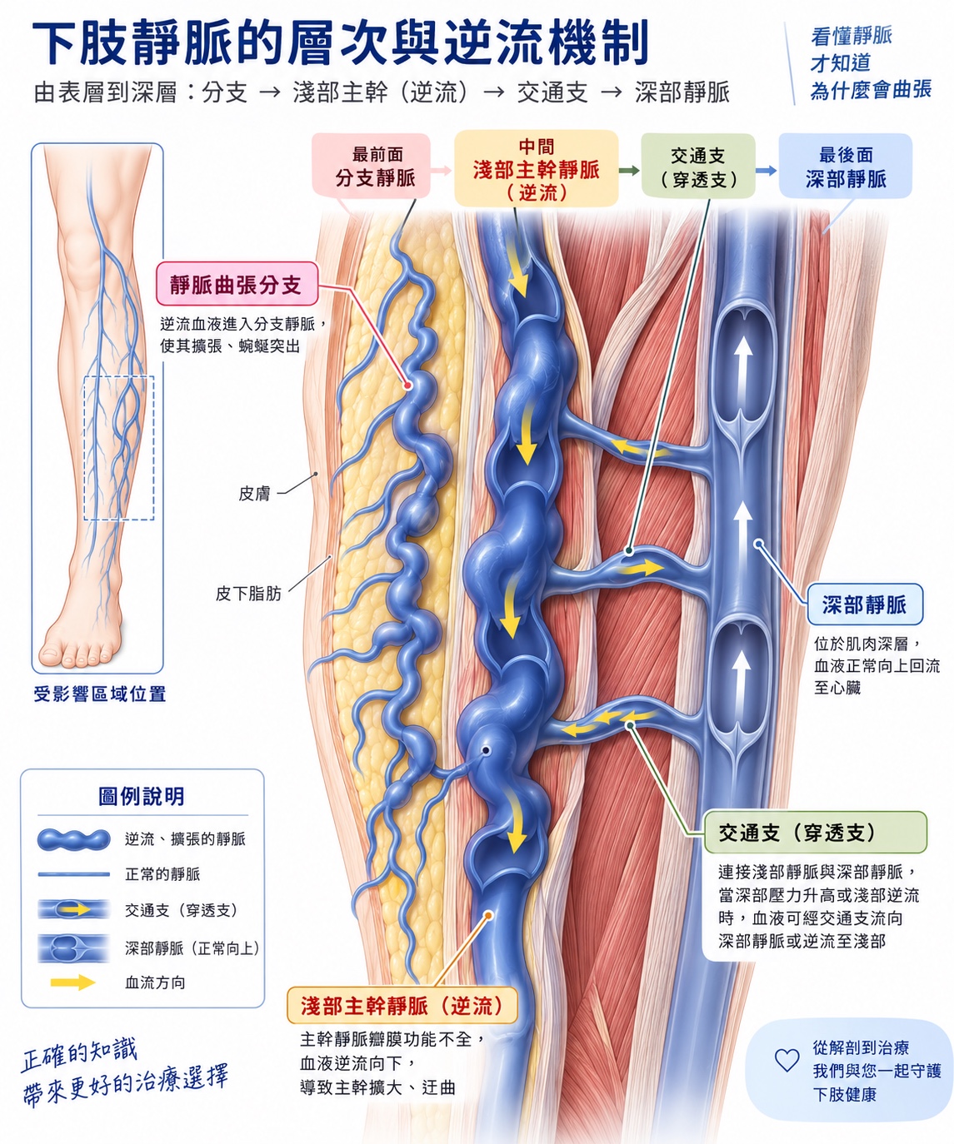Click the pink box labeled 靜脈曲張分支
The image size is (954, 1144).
pyautogui.click(x=237, y=284)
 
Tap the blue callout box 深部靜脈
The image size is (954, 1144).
pyautogui.click(x=865, y=604)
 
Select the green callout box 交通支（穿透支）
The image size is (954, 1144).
pyautogui.click(x=816, y=833)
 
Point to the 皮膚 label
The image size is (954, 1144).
pyautogui.click(x=254, y=494)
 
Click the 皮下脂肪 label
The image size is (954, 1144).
pyautogui.click(x=248, y=594)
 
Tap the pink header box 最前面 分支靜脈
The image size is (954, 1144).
pyautogui.click(x=371, y=166)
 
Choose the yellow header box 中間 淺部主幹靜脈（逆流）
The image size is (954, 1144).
pyautogui.click(x=537, y=168)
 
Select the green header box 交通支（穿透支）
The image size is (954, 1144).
pyautogui.click(x=698, y=166)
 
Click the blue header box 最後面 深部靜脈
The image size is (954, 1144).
pyautogui.click(x=846, y=166)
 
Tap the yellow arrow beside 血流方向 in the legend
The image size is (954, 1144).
pyautogui.click(x=73, y=982)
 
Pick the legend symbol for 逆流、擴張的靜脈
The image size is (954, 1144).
pyautogui.click(x=73, y=838)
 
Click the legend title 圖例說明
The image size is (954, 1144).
pyautogui.click(x=142, y=795)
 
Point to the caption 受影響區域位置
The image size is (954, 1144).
pyautogui.click(x=99, y=694)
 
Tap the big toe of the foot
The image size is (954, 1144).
pyautogui.click(x=50, y=654)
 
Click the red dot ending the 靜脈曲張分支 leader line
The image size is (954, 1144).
pyautogui.click(x=408, y=385)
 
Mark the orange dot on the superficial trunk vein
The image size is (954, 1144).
pyautogui.click(x=488, y=915)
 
